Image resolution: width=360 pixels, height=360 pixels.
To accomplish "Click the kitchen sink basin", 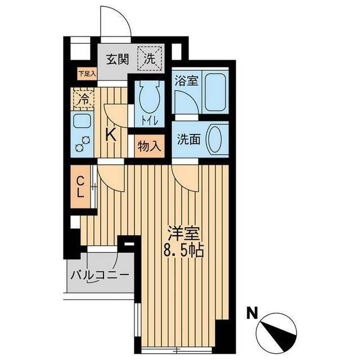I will (x=82, y=121).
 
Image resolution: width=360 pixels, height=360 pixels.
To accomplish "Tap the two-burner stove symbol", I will (x=82, y=145).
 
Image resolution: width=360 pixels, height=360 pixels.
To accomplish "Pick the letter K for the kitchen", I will (x=111, y=134).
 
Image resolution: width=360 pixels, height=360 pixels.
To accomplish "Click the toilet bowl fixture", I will (x=149, y=99).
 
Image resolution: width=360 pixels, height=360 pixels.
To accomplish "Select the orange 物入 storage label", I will (x=149, y=146).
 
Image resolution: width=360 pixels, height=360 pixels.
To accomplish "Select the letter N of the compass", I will (x=253, y=312).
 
